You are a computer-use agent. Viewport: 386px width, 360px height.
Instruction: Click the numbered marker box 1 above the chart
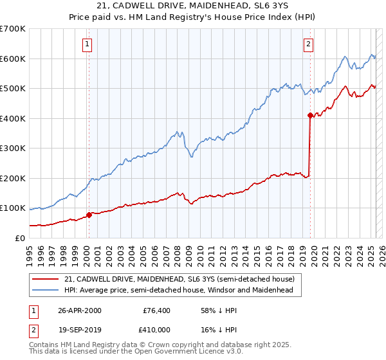[x=87, y=44]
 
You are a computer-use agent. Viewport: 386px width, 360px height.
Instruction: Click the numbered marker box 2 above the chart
[x=309, y=44]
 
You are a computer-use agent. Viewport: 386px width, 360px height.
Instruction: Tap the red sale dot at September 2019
[x=310, y=116]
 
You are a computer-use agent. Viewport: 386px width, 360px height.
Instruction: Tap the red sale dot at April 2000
[x=89, y=215]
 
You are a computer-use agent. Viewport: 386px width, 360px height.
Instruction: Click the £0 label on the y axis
[x=20, y=238]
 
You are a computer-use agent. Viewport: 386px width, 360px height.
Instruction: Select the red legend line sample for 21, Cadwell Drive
[x=46, y=279]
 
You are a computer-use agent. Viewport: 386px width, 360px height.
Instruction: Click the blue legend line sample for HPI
[x=46, y=291]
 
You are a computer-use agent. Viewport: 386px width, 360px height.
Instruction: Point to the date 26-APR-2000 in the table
[x=80, y=310]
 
